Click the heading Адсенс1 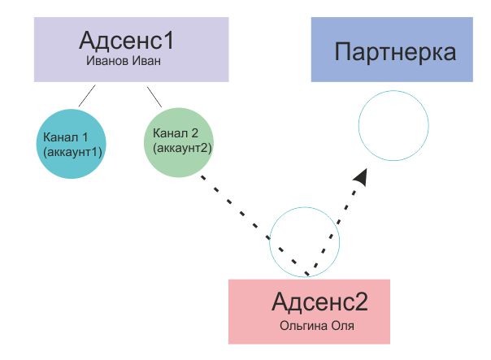127,41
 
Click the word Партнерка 395,54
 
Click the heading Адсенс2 319,302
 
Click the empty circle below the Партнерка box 393,126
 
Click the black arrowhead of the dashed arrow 364,177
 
